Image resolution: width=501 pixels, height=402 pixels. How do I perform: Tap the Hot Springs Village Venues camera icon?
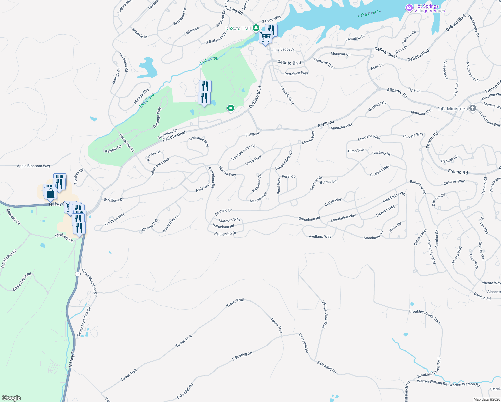409,8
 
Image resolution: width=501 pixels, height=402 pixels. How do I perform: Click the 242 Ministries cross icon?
472,108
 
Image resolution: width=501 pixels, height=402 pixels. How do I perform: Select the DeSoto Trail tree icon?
256,28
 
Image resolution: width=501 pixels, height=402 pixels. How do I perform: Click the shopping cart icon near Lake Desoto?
265,37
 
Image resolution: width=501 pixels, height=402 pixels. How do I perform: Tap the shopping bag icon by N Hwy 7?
50,194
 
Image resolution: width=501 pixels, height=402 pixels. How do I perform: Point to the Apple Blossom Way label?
33,166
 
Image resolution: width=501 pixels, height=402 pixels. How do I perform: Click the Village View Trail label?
324,314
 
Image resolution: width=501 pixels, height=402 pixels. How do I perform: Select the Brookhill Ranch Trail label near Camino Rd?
425,316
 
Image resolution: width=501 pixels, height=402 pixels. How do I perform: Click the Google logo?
11,398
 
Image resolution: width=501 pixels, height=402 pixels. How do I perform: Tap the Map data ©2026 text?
486,399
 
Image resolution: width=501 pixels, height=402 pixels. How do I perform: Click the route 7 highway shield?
78,274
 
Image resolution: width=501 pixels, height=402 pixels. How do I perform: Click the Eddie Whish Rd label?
22,282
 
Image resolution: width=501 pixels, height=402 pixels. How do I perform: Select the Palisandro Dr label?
225,233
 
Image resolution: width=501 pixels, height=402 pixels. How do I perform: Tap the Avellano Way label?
320,237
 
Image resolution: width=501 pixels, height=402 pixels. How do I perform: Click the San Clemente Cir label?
243,152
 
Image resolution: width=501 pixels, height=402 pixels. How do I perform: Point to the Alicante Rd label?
397,93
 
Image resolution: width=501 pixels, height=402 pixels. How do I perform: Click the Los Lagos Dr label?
284,50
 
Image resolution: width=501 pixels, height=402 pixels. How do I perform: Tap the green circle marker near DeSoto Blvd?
230,108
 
